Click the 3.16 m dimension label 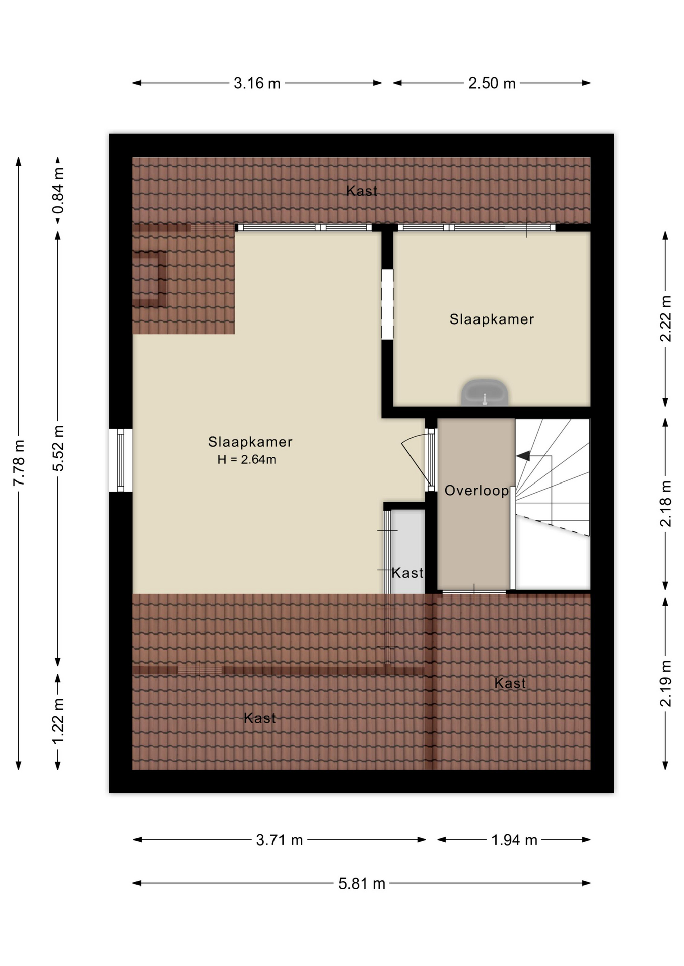point(257,83)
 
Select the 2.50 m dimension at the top point(492,83)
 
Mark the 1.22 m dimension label point(58,721)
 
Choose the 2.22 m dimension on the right point(665,318)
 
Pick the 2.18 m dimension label point(665,504)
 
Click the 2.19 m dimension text point(665,683)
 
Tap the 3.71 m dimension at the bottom point(280,840)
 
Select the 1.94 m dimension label point(514,840)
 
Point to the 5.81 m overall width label point(362,883)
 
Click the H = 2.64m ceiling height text point(247,459)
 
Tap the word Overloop point(476,491)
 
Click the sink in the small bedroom point(485,392)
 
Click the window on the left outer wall point(121,460)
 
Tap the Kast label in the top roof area point(362,191)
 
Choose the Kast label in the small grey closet point(407,573)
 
